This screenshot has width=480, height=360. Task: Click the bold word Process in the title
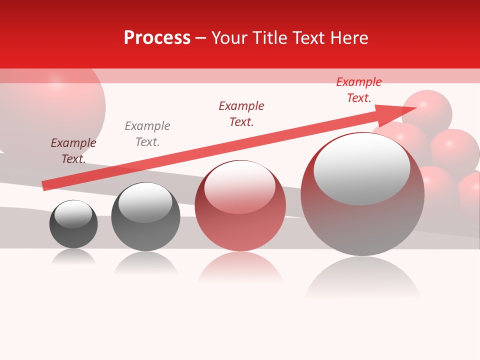pos(157,38)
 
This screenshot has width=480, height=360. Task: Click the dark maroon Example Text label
pos(73,151)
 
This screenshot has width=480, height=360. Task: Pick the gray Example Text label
pos(147,134)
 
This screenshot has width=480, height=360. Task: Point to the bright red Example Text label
pos(359,90)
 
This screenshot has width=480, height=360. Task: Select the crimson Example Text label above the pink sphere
pos(241,114)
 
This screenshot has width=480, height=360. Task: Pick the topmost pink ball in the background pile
pos(428,110)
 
